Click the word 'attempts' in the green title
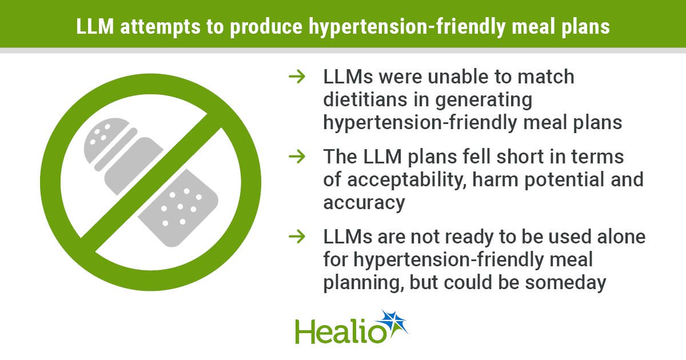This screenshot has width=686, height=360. coord(160,27)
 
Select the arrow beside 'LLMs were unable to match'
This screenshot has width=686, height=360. coord(297,77)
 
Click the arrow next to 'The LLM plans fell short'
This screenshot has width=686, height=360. coord(297,157)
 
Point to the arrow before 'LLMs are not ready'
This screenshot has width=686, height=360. coord(297,237)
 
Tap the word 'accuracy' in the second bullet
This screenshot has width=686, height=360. coord(364,203)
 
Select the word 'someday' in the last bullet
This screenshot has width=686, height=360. coord(565,283)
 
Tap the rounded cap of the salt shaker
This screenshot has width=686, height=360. coord(106,139)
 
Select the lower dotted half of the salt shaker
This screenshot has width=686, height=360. coord(178,208)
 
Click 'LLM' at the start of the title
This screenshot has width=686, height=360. coord(95,27)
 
